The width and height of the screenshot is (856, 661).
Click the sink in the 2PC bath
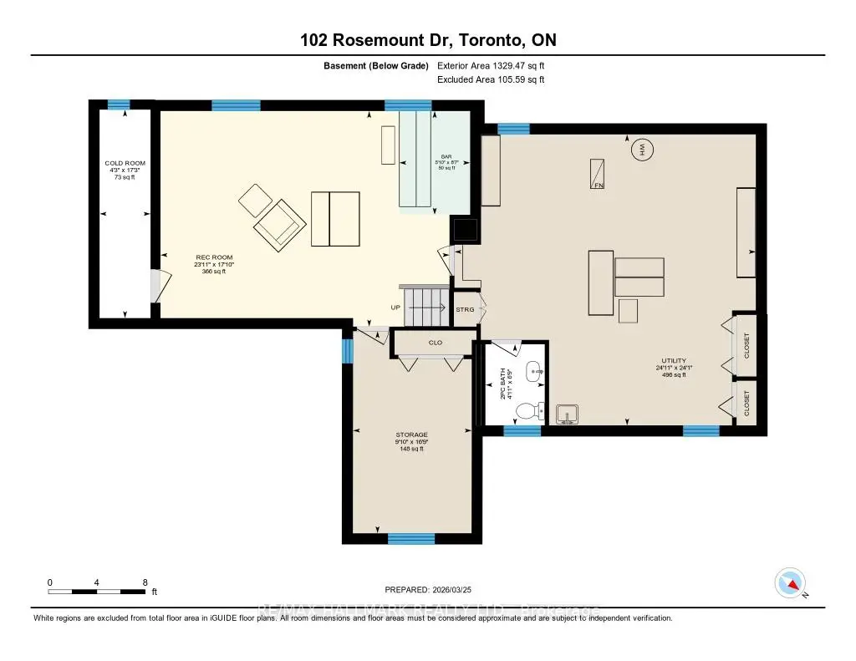point(533,370)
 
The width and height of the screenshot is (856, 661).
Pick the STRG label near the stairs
point(465,310)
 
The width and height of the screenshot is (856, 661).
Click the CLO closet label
point(435,343)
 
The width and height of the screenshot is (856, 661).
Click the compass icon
point(790,582)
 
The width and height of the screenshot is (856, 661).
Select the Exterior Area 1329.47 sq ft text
point(491,65)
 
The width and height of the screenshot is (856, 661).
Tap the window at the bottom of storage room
point(411,538)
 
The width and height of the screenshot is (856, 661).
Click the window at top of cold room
point(119,104)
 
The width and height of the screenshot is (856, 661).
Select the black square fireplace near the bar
point(464,230)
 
